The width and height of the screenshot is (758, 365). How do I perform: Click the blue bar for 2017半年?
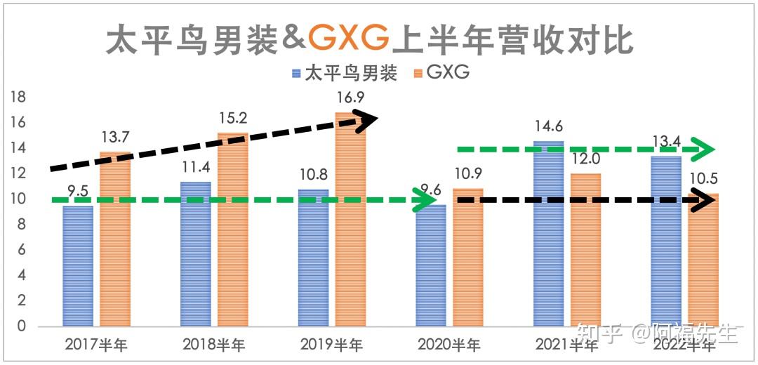click(78, 267)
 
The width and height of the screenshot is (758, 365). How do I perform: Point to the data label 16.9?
click(350, 98)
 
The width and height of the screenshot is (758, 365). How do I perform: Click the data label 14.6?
click(549, 126)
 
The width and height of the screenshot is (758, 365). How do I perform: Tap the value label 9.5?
click(78, 190)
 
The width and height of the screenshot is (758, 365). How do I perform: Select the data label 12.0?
click(585, 159)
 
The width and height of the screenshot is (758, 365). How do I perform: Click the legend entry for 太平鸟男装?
click(343, 73)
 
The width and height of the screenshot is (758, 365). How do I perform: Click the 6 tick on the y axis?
click(22, 250)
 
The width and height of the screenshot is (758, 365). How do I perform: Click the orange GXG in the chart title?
click(348, 39)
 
